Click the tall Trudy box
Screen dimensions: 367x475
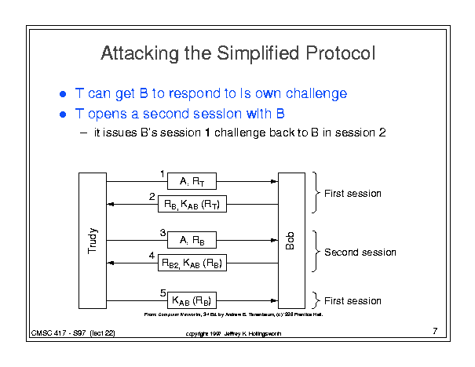(x=92, y=239)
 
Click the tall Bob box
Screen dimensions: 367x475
(x=291, y=239)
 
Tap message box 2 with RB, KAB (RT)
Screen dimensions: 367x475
(x=192, y=205)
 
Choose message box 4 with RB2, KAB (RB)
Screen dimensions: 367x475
(x=192, y=263)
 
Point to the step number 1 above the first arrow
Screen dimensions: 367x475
(x=162, y=173)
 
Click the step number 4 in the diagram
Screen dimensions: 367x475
(x=152, y=256)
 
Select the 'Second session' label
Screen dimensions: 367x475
(x=360, y=253)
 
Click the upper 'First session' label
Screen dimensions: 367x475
(x=353, y=193)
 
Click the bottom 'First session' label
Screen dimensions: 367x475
(x=353, y=300)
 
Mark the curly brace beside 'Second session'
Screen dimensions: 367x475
(x=316, y=252)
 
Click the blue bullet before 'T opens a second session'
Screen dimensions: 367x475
(x=64, y=115)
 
